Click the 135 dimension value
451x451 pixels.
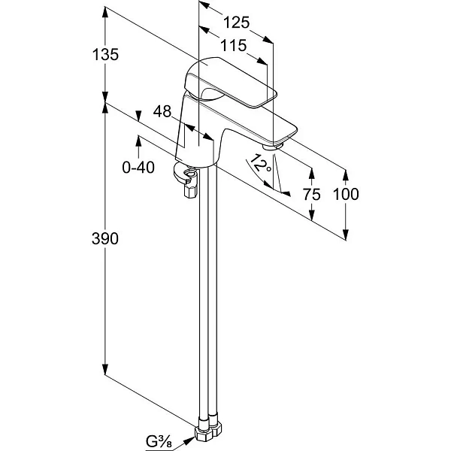click(105, 54)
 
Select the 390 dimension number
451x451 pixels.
click(105, 238)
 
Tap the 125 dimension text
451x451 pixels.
click(236, 23)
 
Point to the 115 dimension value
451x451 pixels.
click(234, 45)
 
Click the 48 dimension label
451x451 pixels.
click(162, 111)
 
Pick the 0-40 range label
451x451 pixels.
click(138, 167)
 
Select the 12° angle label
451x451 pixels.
click(260, 165)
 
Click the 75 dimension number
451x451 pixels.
click(311, 195)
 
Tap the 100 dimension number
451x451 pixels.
click(346, 194)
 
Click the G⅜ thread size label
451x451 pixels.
click(159, 441)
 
